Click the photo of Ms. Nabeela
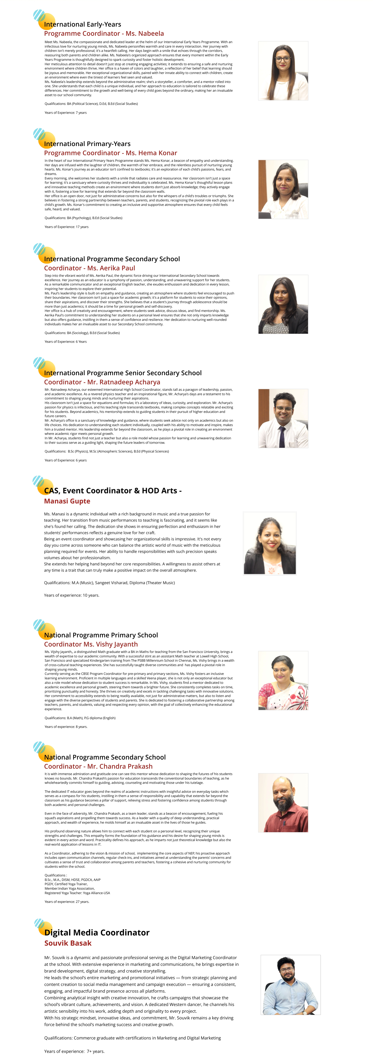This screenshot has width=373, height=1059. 283,71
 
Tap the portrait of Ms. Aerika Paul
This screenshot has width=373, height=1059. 283,304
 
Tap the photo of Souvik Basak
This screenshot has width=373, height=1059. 290,985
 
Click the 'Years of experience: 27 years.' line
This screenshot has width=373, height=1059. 67,901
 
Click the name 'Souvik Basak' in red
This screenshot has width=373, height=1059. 68,943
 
